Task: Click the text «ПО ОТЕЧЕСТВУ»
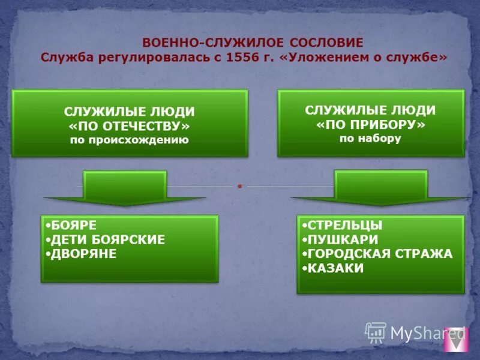pyautogui.click(x=130, y=127)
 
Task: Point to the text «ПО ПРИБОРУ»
pyautogui.click(x=370, y=125)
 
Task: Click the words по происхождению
pyautogui.click(x=130, y=140)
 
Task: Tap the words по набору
pyautogui.click(x=370, y=138)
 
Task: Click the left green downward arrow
pyautogui.click(x=125, y=188)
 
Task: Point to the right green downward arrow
pyautogui.click(x=380, y=188)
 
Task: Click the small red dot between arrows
pyautogui.click(x=239, y=186)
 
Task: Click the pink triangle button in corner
pyautogui.click(x=457, y=340)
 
